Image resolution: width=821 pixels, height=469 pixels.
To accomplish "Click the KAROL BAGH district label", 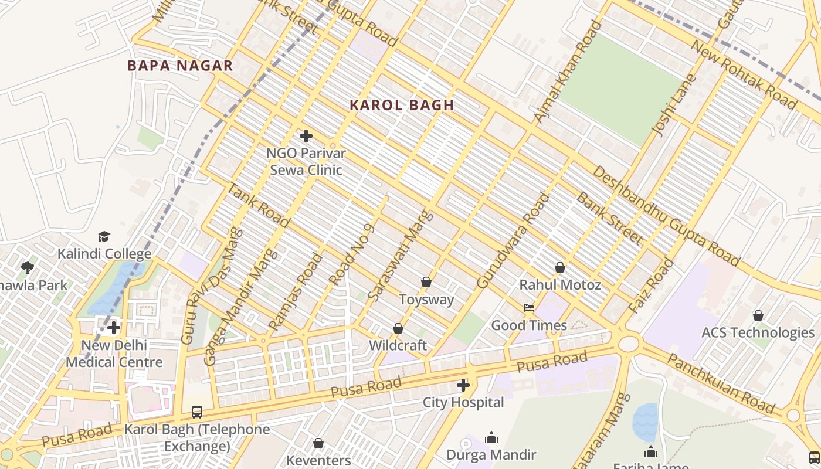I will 402,106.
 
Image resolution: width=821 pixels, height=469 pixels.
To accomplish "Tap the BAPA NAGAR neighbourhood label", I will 180,66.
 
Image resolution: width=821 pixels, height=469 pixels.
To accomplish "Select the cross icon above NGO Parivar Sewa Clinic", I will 306,136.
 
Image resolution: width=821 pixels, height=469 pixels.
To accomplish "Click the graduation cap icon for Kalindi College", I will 104,236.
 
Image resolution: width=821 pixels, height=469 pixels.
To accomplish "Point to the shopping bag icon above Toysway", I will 426,282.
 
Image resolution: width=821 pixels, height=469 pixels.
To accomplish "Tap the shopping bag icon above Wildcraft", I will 398,328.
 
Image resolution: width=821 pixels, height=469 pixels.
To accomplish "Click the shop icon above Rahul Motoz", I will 560,267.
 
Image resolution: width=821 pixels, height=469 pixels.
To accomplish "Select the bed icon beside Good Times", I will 529,308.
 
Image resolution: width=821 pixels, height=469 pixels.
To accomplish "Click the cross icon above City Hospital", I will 463,385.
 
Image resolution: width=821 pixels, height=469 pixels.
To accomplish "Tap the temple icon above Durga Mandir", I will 491,437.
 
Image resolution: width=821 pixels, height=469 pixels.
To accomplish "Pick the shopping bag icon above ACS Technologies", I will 758,315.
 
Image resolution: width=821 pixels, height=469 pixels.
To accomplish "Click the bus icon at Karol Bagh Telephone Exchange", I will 197,412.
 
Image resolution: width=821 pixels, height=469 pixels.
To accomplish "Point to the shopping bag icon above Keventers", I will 318,443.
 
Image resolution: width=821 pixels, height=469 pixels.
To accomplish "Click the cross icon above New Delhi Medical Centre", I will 114,328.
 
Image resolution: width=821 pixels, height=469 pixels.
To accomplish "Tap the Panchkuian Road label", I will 721,384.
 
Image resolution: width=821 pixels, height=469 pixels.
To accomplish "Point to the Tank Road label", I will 258,205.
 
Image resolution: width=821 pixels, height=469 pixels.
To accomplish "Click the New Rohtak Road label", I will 744,75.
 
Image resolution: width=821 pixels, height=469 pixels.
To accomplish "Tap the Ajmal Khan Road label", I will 567,72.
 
